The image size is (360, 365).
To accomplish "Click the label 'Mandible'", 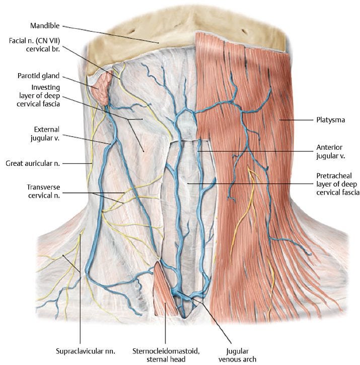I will pyautogui.click(x=45, y=25).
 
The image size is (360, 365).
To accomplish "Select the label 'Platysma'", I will pyautogui.click(x=327, y=120).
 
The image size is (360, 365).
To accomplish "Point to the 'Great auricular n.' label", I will pyautogui.click(x=33, y=163).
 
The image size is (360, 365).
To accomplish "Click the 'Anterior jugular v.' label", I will pyautogui.click(x=329, y=152).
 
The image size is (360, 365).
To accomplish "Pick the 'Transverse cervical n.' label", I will pyautogui.click(x=43, y=192).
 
